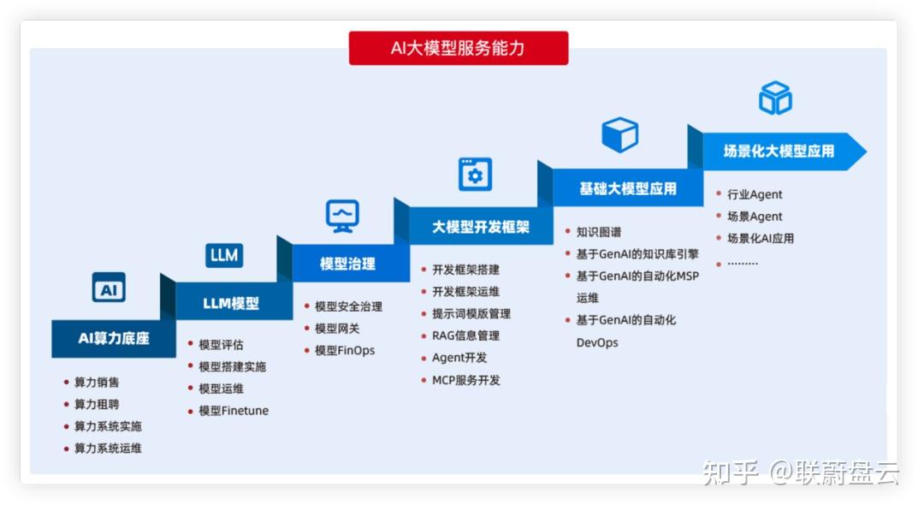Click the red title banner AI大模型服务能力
point(459,48)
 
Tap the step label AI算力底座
point(114,338)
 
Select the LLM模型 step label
point(231,304)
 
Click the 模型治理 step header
point(347,264)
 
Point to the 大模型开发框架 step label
point(481,226)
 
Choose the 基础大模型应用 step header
point(628,188)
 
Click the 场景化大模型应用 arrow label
point(779,152)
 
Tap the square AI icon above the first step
point(109,288)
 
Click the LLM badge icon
point(224,255)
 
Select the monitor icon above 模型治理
point(342,217)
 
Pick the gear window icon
point(475,175)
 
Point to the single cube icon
point(620,134)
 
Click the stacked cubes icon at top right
point(775,98)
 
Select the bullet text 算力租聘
point(97,404)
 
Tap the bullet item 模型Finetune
point(234,411)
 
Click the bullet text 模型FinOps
point(345,351)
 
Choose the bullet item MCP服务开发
point(466,381)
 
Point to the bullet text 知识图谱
point(599,232)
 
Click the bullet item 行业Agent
point(755,194)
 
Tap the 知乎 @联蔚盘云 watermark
point(801,472)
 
